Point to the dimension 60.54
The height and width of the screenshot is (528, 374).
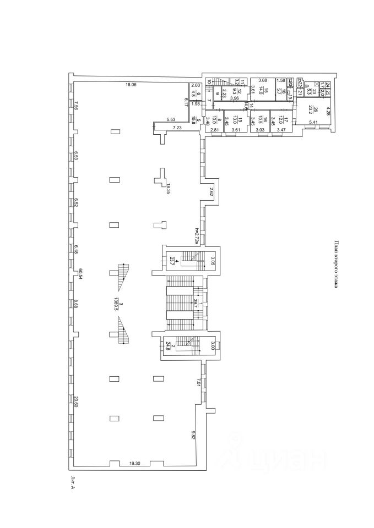[80, 274]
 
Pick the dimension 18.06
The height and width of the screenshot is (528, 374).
[131, 84]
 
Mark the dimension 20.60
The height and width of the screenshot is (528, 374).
[77, 403]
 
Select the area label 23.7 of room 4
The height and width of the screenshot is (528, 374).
[172, 261]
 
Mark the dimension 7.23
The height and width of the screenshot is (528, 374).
[177, 128]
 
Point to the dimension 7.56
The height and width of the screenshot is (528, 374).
[77, 106]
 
